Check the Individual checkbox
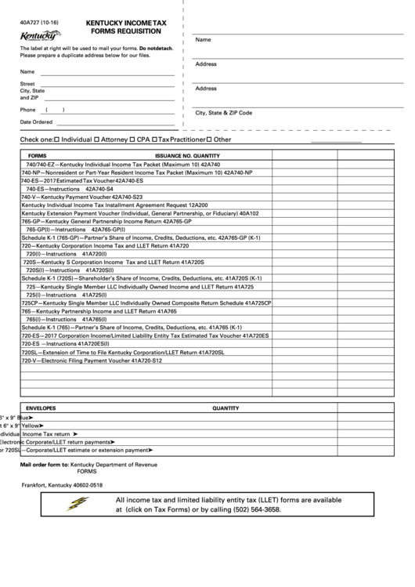coord(56,140)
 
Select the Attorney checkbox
coord(96,140)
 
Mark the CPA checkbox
coord(132,140)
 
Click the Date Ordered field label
coord(36,121)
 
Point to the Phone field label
coord(28,110)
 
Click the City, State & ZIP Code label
coord(224,113)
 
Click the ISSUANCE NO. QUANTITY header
coord(187,155)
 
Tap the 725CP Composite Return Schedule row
coord(146,303)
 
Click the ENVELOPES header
coord(41,408)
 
